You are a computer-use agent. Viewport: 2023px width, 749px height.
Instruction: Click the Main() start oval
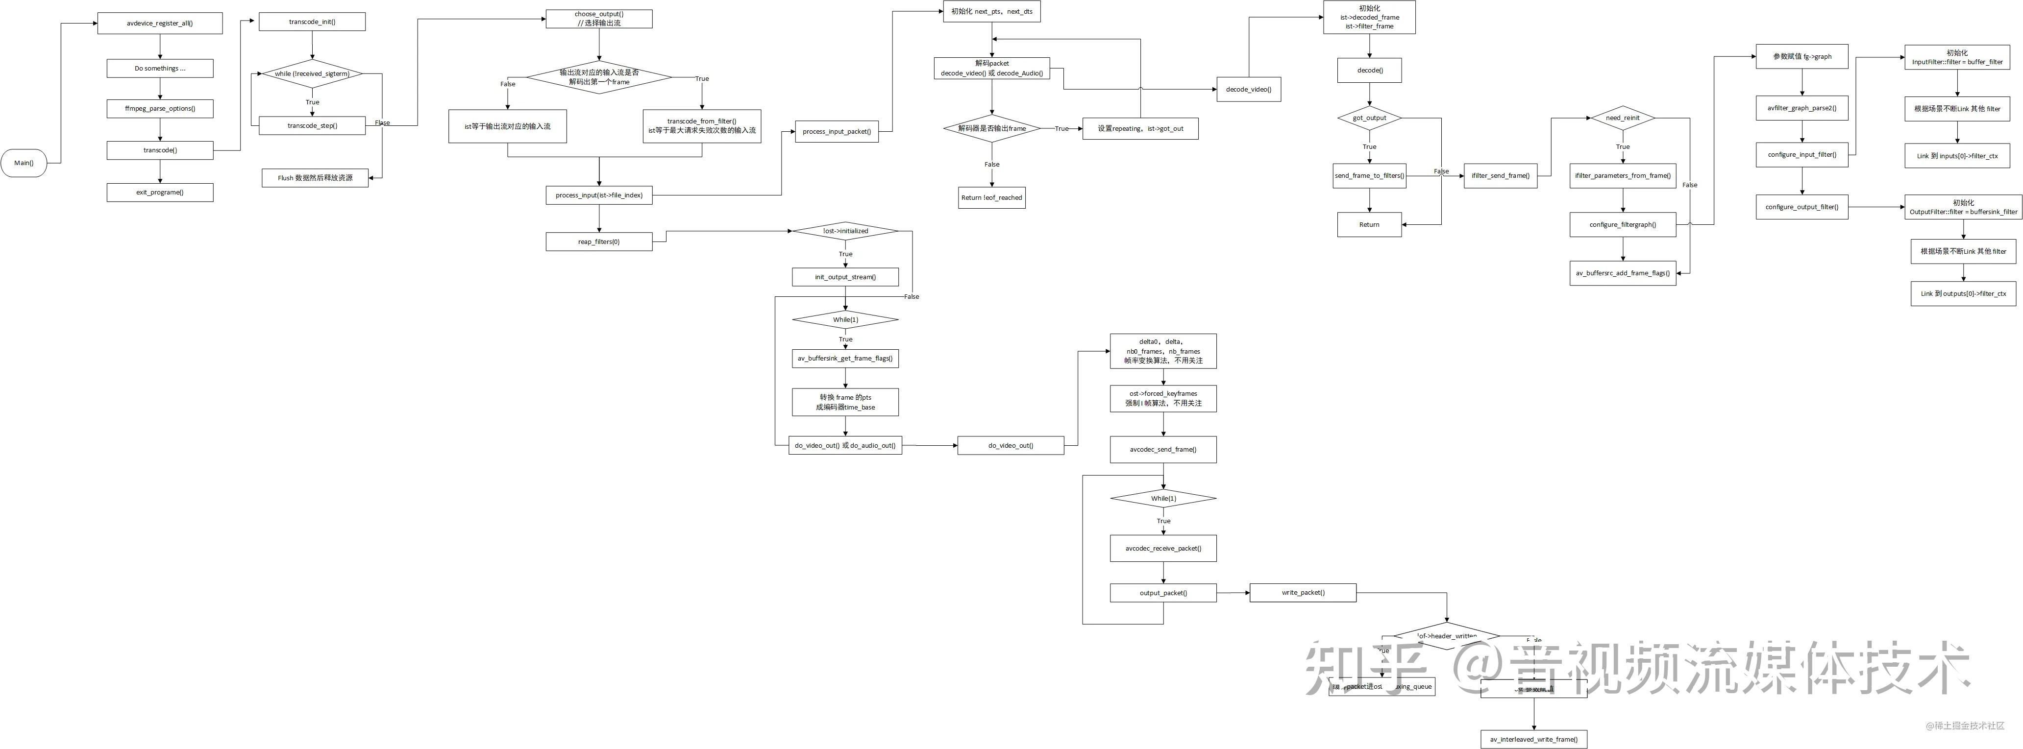click(x=24, y=163)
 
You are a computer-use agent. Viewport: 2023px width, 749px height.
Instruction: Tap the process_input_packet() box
click(x=837, y=131)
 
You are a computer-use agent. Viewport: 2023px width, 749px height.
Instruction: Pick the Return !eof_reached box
click(x=992, y=198)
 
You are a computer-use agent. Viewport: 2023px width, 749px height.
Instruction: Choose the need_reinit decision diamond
click(x=1623, y=118)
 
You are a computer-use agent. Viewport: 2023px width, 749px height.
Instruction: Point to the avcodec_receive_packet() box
click(x=1163, y=548)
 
